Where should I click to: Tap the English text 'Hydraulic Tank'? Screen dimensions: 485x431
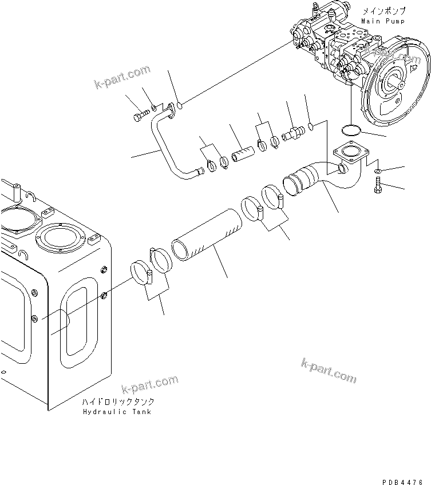coord(117,412)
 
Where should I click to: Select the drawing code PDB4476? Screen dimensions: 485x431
coord(398,467)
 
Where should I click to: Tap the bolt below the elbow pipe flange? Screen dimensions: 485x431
coord(378,185)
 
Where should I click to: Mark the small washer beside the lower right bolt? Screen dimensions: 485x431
coord(378,171)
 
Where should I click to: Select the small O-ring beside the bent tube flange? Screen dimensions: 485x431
coord(164,105)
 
